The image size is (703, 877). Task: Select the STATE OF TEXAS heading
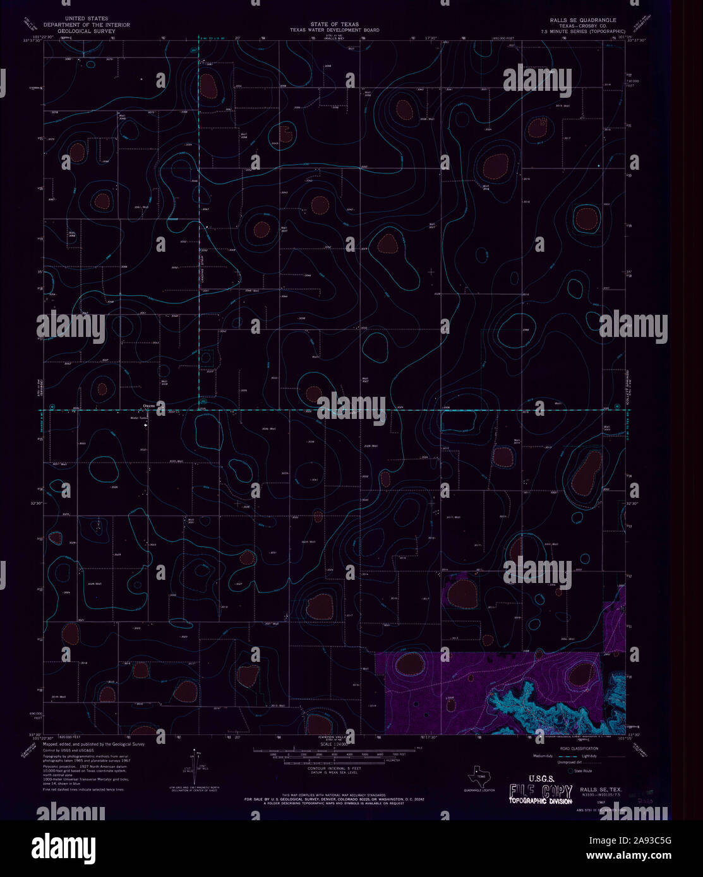click(334, 24)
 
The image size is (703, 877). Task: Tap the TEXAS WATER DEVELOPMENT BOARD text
click(334, 30)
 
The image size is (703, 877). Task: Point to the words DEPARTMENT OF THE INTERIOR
click(87, 25)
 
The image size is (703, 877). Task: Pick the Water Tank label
click(138, 418)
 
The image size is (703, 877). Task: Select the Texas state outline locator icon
click(479, 773)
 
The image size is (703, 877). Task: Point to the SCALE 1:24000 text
click(335, 745)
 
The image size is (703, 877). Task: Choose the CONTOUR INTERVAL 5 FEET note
click(334, 768)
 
